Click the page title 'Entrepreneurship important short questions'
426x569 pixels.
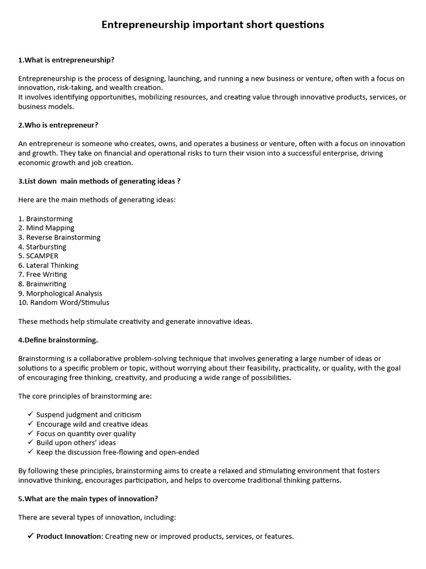tap(213, 25)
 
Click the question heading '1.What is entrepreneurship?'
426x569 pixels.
tap(66, 59)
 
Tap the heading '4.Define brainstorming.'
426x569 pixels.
tap(58, 340)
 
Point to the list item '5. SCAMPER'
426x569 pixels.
tap(38, 256)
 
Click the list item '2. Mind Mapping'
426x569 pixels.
tap(46, 228)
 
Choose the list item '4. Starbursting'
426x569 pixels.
tap(42, 247)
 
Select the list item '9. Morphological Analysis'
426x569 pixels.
tap(60, 293)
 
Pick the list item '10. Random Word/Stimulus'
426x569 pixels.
tap(64, 303)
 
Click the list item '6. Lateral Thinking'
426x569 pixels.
tap(48, 266)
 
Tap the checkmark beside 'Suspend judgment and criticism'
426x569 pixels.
tap(30, 415)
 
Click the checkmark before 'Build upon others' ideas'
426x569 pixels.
tap(30, 443)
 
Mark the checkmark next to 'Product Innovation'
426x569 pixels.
tap(30, 536)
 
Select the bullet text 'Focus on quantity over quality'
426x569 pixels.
tap(86, 433)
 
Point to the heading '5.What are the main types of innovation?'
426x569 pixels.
tap(88, 498)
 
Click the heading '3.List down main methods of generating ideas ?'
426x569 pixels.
tap(99, 181)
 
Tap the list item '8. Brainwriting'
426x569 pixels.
tap(42, 284)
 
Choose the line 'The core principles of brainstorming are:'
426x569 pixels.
tap(85, 396)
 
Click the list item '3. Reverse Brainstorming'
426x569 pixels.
tap(59, 237)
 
